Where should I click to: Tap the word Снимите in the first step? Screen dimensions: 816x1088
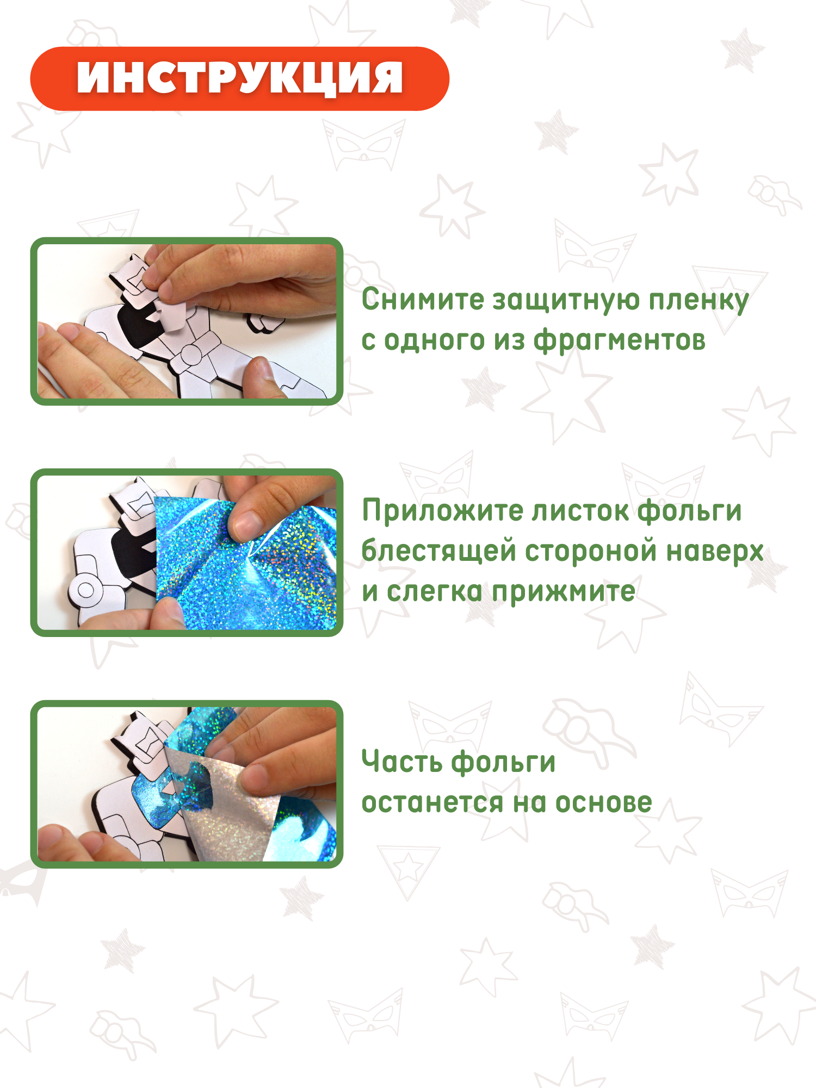423,300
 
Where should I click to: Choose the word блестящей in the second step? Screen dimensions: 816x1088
438,551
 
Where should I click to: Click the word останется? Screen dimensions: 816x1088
433,803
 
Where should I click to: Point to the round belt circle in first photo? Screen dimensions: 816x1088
191,355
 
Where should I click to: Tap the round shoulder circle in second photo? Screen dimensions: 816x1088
86,589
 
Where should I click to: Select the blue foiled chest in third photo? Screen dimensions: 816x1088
155,800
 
